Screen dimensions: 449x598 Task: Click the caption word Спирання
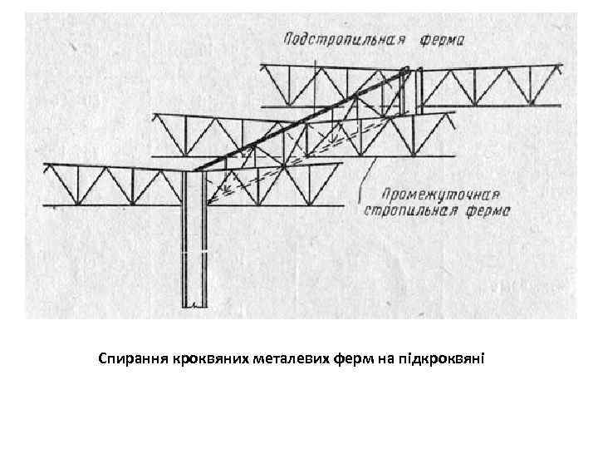(133, 360)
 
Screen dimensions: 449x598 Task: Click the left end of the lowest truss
(47, 184)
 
